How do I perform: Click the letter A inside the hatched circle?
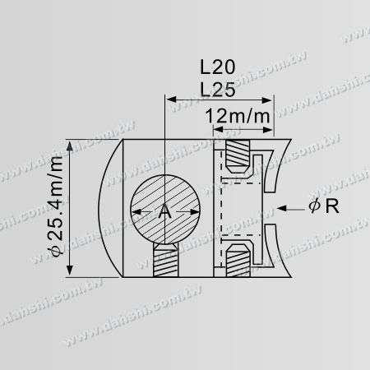[x=164, y=211]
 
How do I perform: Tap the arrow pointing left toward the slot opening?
[x=275, y=208]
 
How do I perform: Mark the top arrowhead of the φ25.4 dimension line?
[x=73, y=142]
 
